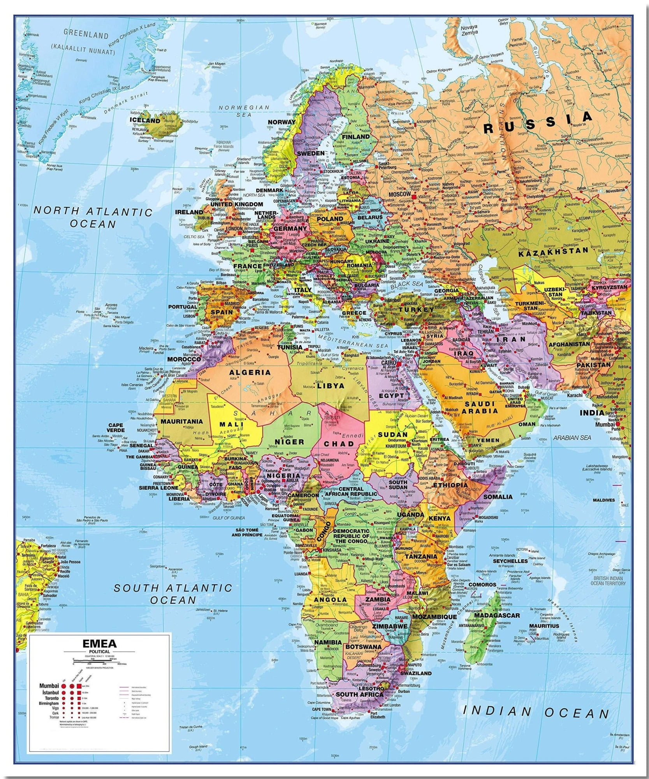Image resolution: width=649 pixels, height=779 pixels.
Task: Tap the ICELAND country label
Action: tap(145, 121)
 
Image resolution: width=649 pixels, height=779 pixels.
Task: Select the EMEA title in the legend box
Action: tap(100, 644)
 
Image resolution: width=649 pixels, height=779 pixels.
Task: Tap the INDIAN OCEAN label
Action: tap(536, 712)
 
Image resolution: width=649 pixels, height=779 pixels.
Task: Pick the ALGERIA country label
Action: tap(250, 372)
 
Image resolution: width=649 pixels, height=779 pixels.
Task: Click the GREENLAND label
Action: tap(86, 35)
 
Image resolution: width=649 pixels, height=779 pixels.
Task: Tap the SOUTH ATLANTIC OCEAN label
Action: tap(173, 594)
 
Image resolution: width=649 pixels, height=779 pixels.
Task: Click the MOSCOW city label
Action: tap(400, 194)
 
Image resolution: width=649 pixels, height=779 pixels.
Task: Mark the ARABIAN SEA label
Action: tap(572, 437)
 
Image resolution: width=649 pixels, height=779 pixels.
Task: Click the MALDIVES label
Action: tap(603, 500)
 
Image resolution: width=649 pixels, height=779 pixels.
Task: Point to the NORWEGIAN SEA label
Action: tap(244, 111)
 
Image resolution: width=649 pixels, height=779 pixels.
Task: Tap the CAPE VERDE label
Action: tap(116, 428)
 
